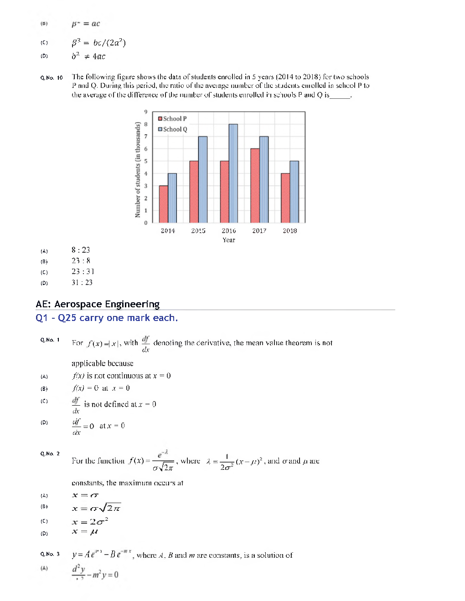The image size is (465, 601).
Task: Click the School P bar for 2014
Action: pyautogui.click(x=163, y=204)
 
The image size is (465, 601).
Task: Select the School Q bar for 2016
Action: pyautogui.click(x=233, y=173)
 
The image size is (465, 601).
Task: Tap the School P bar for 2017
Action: pyautogui.click(x=255, y=185)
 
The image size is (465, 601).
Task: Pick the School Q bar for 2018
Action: pyautogui.click(x=294, y=192)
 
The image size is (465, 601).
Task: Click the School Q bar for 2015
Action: pyautogui.click(x=202, y=179)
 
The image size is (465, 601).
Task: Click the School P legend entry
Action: pyautogui.click(x=172, y=118)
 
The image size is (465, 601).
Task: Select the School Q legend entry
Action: pyautogui.click(x=172, y=129)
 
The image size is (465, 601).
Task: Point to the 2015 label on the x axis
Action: pyautogui.click(x=198, y=231)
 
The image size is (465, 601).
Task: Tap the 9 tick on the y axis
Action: pyautogui.click(x=146, y=112)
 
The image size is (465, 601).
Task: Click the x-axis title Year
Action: pyautogui.click(x=229, y=240)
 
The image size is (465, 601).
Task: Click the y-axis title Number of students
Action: pyautogui.click(x=138, y=169)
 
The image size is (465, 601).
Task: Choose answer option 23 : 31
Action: pyautogui.click(x=83, y=272)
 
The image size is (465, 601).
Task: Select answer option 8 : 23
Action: pyautogui.click(x=81, y=250)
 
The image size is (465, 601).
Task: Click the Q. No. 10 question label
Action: pyautogui.click(x=51, y=78)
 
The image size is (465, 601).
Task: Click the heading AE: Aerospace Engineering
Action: pyautogui.click(x=98, y=304)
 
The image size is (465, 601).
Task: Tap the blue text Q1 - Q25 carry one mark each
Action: pyautogui.click(x=107, y=318)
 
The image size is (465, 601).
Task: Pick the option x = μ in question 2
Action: pyautogui.click(x=85, y=532)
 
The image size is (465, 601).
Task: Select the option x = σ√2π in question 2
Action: pyautogui.click(x=96, y=508)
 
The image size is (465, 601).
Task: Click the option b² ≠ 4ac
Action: pyautogui.click(x=88, y=56)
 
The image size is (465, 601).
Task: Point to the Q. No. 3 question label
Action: pyautogui.click(x=50, y=554)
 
